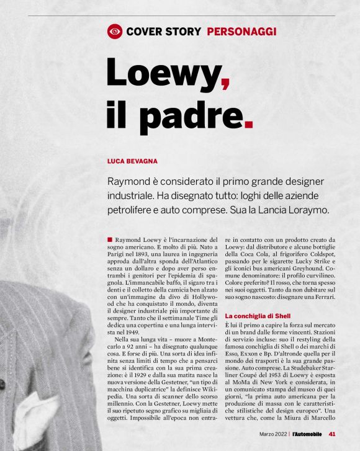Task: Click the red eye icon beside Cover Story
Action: (x=115, y=31)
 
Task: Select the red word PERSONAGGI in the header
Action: (x=241, y=31)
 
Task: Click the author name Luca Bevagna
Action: (x=132, y=161)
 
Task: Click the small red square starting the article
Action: (x=110, y=238)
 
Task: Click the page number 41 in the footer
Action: (x=332, y=434)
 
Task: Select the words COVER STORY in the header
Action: (x=164, y=31)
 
